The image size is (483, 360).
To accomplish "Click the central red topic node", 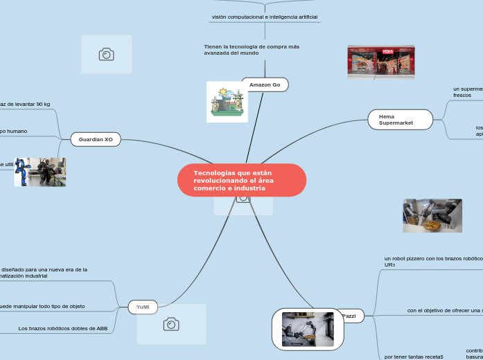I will click(x=241, y=180).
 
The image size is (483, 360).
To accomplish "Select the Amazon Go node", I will click(x=265, y=84).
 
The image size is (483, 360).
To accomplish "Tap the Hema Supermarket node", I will click(x=400, y=120).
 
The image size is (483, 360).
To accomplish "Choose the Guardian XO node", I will click(x=96, y=139).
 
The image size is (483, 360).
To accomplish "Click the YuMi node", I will click(x=143, y=306).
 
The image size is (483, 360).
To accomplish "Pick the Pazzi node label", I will click(x=349, y=316).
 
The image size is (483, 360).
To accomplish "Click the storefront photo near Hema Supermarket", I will click(x=380, y=62).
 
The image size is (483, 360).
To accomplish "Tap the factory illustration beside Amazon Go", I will click(x=227, y=102).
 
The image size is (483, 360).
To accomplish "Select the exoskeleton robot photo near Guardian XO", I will click(x=40, y=172).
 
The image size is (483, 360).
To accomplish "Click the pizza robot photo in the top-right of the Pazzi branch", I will click(x=432, y=215).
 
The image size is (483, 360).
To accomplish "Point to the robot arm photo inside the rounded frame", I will click(x=308, y=329).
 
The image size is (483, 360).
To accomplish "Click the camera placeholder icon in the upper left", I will click(x=106, y=54).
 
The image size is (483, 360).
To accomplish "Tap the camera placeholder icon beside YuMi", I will click(x=171, y=324).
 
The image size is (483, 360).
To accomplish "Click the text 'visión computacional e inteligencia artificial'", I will click(x=265, y=17).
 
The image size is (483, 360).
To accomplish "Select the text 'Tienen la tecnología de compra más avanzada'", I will click(x=252, y=49).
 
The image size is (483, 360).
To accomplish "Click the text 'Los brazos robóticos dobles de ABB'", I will click(x=63, y=328).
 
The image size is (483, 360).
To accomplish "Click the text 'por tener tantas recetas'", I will click(x=413, y=356).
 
